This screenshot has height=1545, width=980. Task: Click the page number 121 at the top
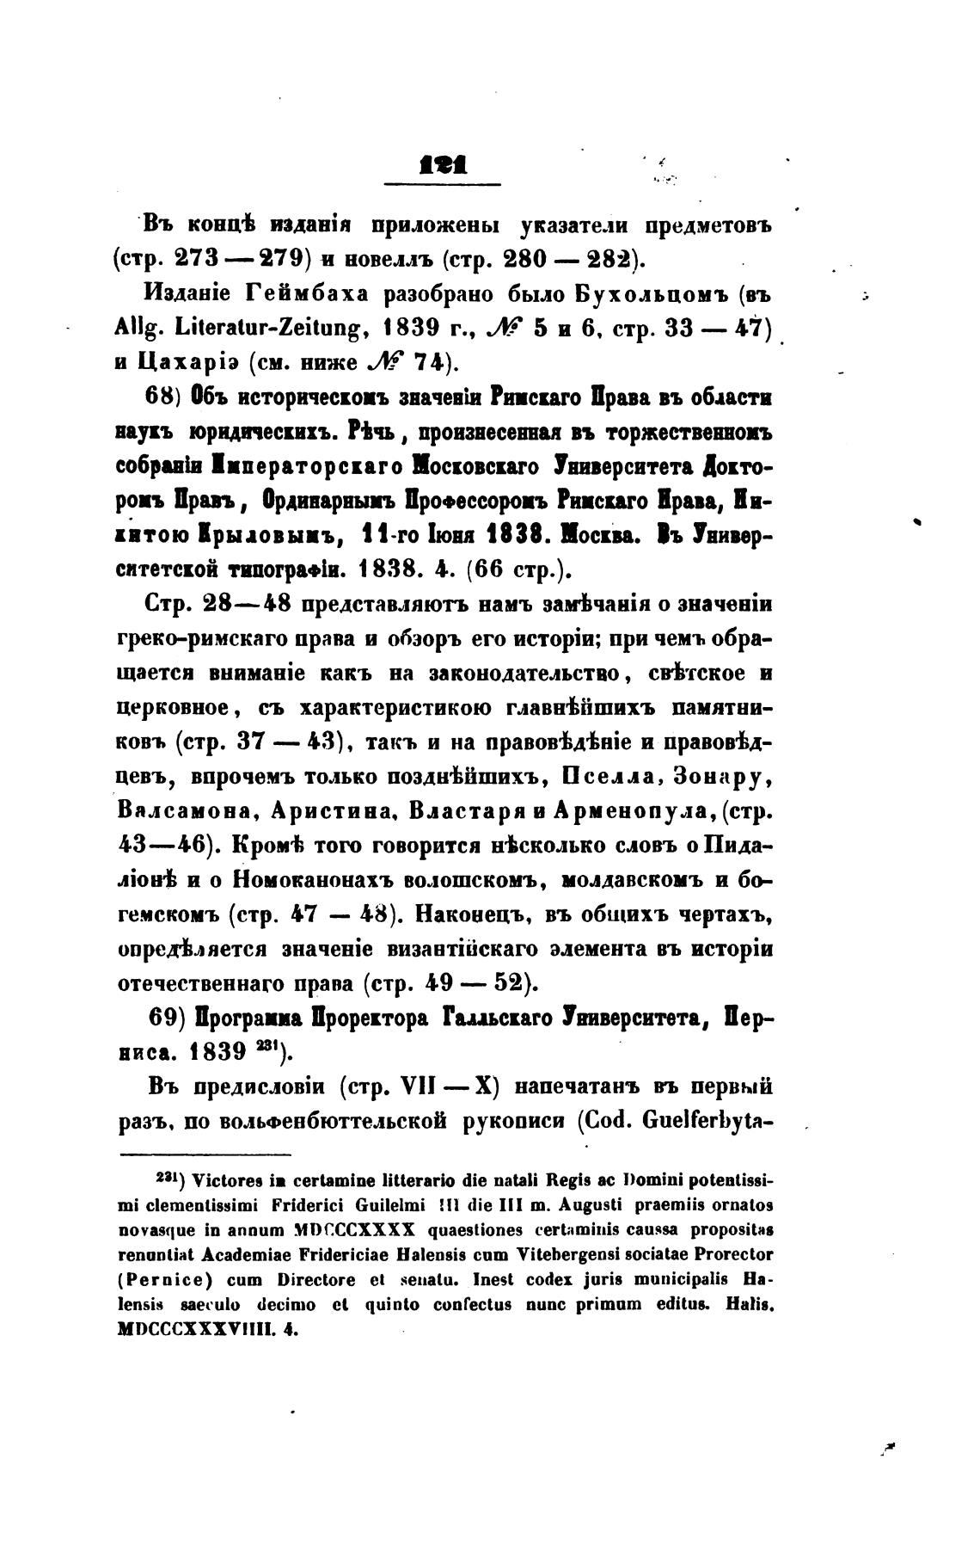443,163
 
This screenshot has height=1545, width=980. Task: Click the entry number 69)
168,1018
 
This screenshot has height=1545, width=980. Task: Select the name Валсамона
183,811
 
